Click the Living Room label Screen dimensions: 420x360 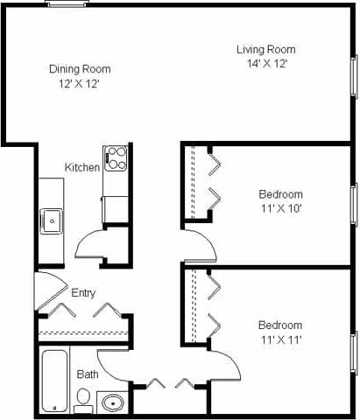[x=265, y=49]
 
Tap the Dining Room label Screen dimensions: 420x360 [x=79, y=68]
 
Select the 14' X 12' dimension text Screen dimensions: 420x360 [x=265, y=63]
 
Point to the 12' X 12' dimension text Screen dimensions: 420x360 [x=79, y=83]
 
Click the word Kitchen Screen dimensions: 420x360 [x=82, y=167]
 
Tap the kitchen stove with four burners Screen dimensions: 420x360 [x=116, y=158]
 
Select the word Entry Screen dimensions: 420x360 [x=84, y=294]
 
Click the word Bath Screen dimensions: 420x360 [x=88, y=374]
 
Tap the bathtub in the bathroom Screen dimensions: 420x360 [x=55, y=380]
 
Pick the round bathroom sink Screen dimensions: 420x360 [x=111, y=404]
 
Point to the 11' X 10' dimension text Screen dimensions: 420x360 [x=280, y=208]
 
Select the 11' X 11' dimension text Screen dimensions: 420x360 [x=280, y=339]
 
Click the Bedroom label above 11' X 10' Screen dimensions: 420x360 [x=280, y=194]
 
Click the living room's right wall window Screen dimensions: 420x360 [x=354, y=76]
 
